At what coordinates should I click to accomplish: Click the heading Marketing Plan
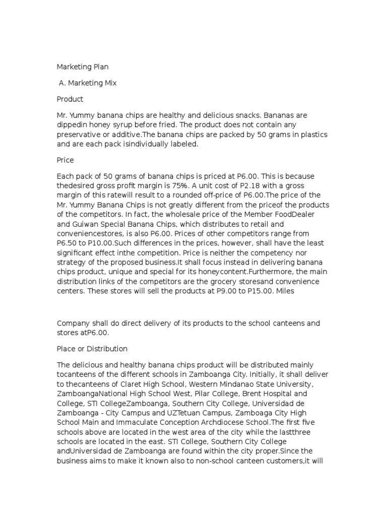(82, 67)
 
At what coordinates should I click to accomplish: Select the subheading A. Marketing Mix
(88, 83)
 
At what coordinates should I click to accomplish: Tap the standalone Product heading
(70, 99)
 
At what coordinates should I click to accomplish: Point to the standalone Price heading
(66, 160)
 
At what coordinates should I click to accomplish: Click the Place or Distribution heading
(92, 349)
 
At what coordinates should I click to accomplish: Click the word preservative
(82, 134)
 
